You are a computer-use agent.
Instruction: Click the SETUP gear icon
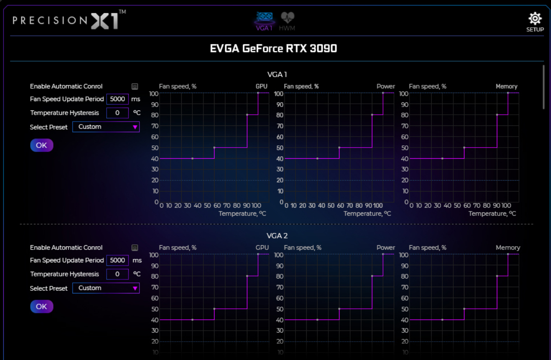(535, 19)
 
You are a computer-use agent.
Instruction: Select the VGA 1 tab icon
(264, 18)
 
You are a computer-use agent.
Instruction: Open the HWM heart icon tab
(287, 18)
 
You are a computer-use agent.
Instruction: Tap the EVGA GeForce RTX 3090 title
(273, 49)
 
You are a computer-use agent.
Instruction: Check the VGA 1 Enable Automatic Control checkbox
(135, 87)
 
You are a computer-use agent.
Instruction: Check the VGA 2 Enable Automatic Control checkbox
(135, 248)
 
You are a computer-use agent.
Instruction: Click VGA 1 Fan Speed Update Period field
(117, 99)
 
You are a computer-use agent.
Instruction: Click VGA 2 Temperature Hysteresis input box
(117, 274)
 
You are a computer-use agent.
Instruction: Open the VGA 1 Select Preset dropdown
(106, 127)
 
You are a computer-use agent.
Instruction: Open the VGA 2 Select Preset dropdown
(106, 288)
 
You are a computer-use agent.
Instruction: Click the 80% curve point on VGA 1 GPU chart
(247, 115)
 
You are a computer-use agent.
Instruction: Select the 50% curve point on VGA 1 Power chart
(339, 148)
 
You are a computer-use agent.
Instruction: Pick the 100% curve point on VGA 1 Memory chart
(508, 93)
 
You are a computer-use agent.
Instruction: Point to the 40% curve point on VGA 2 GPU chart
(192, 319)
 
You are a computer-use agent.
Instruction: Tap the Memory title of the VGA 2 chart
(507, 248)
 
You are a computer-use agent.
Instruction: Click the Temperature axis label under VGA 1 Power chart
(367, 213)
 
